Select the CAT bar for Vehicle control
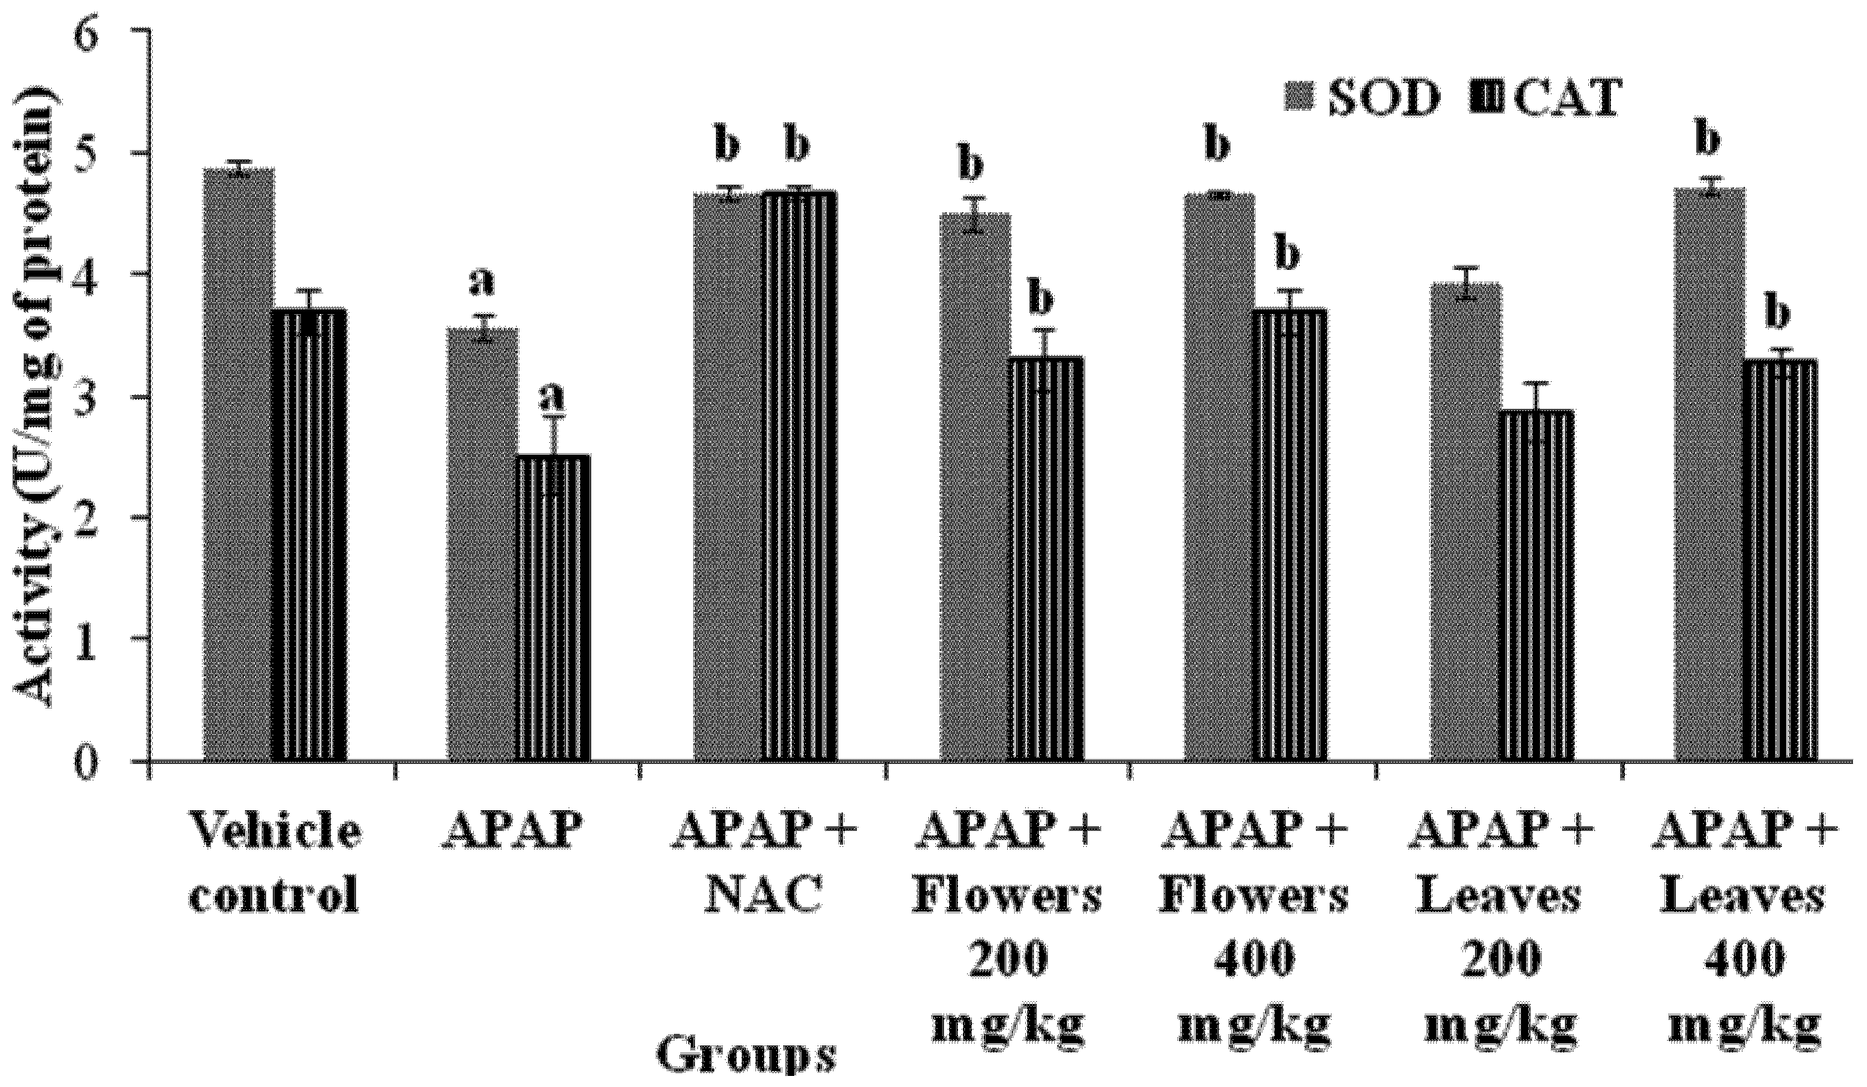point(310,533)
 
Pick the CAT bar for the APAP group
point(553,608)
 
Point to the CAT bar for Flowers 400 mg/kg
point(1291,533)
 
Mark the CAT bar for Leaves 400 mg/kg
point(1780,560)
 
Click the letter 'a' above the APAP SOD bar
point(482,284)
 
